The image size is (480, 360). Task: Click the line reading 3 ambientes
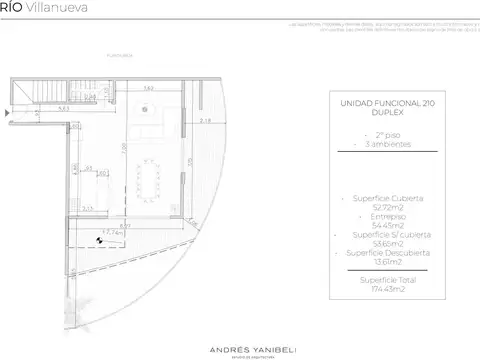click(387, 144)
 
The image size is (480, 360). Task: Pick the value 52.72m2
click(387, 208)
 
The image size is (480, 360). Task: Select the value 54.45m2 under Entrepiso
click(387, 226)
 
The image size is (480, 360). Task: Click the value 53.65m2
click(387, 244)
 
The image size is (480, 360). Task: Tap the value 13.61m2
click(387, 262)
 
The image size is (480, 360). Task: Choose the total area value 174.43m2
click(387, 289)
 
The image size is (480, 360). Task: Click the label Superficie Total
click(387, 280)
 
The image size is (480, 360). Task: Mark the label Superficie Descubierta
click(387, 253)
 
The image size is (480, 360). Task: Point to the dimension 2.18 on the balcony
click(206, 121)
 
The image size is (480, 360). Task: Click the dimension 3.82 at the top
click(147, 89)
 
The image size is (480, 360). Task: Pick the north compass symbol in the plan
click(100, 240)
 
